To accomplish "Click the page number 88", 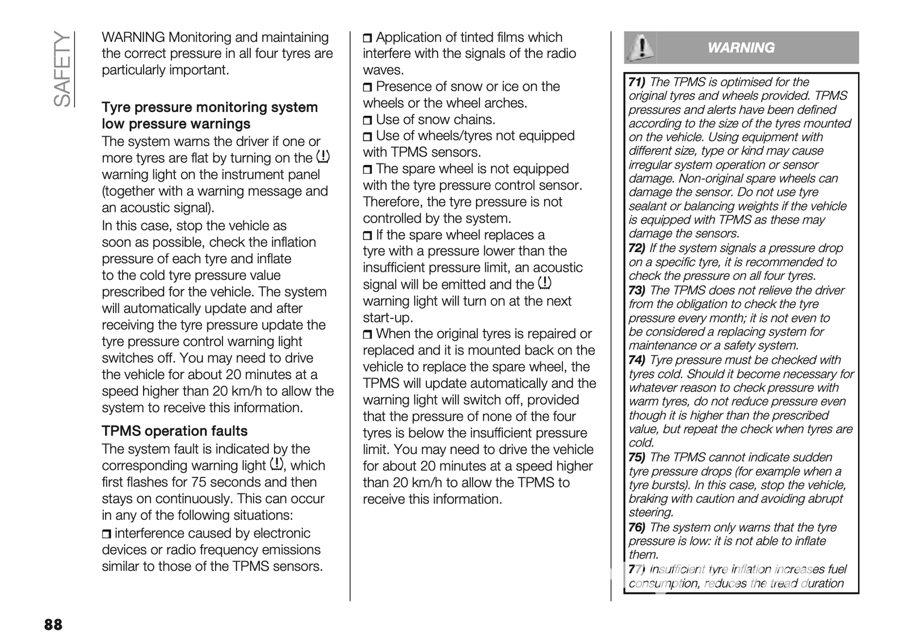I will point(53,625).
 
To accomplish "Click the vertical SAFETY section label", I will point(62,69).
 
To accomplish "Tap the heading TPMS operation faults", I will point(175,431).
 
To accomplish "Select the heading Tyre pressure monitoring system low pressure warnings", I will point(209,116).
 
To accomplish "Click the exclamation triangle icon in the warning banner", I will point(640,48).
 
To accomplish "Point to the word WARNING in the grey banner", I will point(741,48).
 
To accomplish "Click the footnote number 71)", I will point(637,82).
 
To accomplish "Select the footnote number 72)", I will point(637,249).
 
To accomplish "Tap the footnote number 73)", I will point(637,291).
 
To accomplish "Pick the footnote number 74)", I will point(637,360).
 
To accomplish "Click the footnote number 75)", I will point(637,458).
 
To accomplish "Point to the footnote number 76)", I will point(637,528).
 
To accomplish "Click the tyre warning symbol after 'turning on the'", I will point(322,157).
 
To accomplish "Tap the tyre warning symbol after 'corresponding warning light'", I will point(276,464).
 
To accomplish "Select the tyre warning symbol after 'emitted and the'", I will point(544,283).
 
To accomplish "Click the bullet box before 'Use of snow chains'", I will point(368,120).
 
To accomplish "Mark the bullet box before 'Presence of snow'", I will point(368,87).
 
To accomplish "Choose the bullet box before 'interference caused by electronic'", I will point(107,534).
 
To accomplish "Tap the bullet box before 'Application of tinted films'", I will point(368,38).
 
